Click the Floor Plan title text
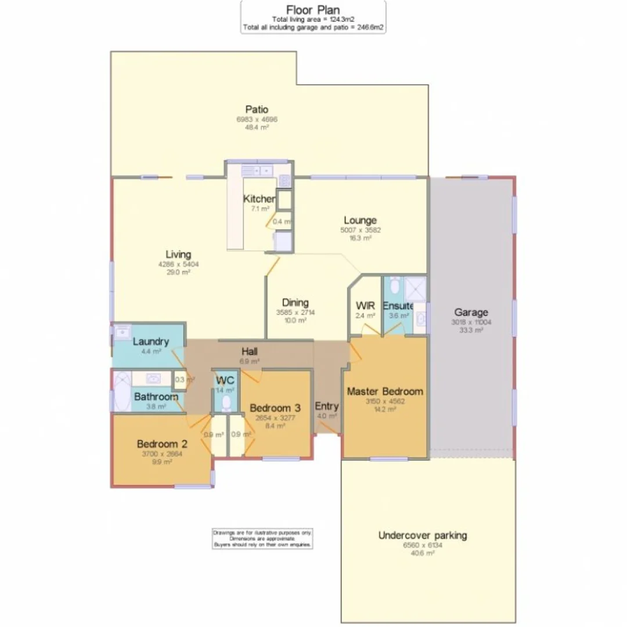(x=313, y=9)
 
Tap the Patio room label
(x=257, y=109)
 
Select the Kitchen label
(x=259, y=199)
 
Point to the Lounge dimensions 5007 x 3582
(x=360, y=230)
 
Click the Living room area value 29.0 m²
(x=178, y=272)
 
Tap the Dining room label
(x=296, y=302)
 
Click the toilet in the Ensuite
(x=395, y=286)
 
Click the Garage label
(x=471, y=312)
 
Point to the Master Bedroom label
(x=385, y=391)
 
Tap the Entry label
(x=326, y=406)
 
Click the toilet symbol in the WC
(x=226, y=402)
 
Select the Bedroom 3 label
(x=275, y=408)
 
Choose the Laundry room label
(x=150, y=341)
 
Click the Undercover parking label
(x=422, y=535)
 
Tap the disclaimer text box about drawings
(x=262, y=538)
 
